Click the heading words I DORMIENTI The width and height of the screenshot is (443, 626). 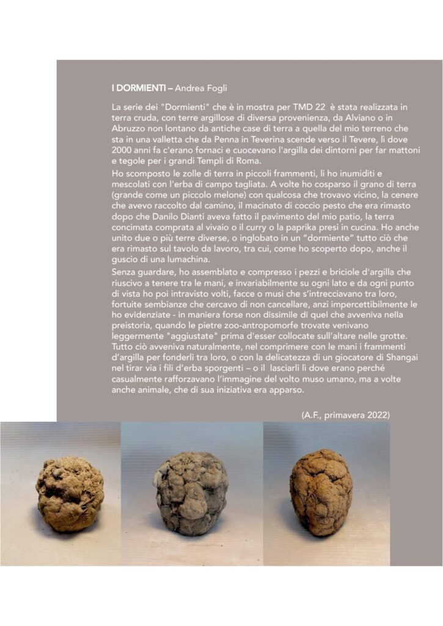coord(139,88)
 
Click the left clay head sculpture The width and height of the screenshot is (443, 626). coord(70,493)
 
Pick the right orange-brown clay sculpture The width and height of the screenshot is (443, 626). coord(321,492)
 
